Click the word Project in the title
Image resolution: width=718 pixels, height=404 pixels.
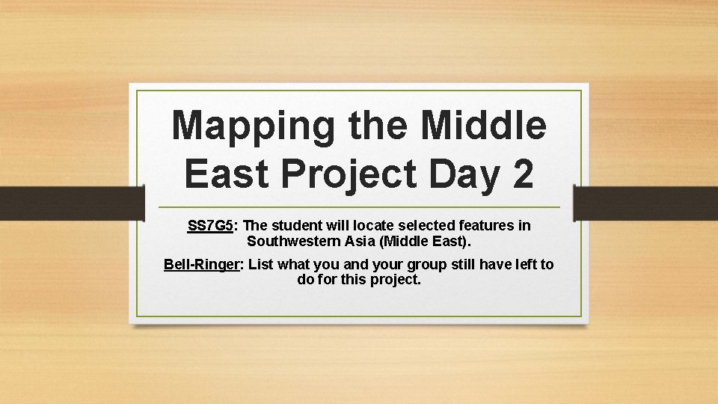349,174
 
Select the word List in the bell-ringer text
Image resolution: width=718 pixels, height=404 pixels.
259,264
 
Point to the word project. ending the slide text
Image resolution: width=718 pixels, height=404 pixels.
395,281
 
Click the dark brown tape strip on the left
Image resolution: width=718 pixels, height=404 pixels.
71,203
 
